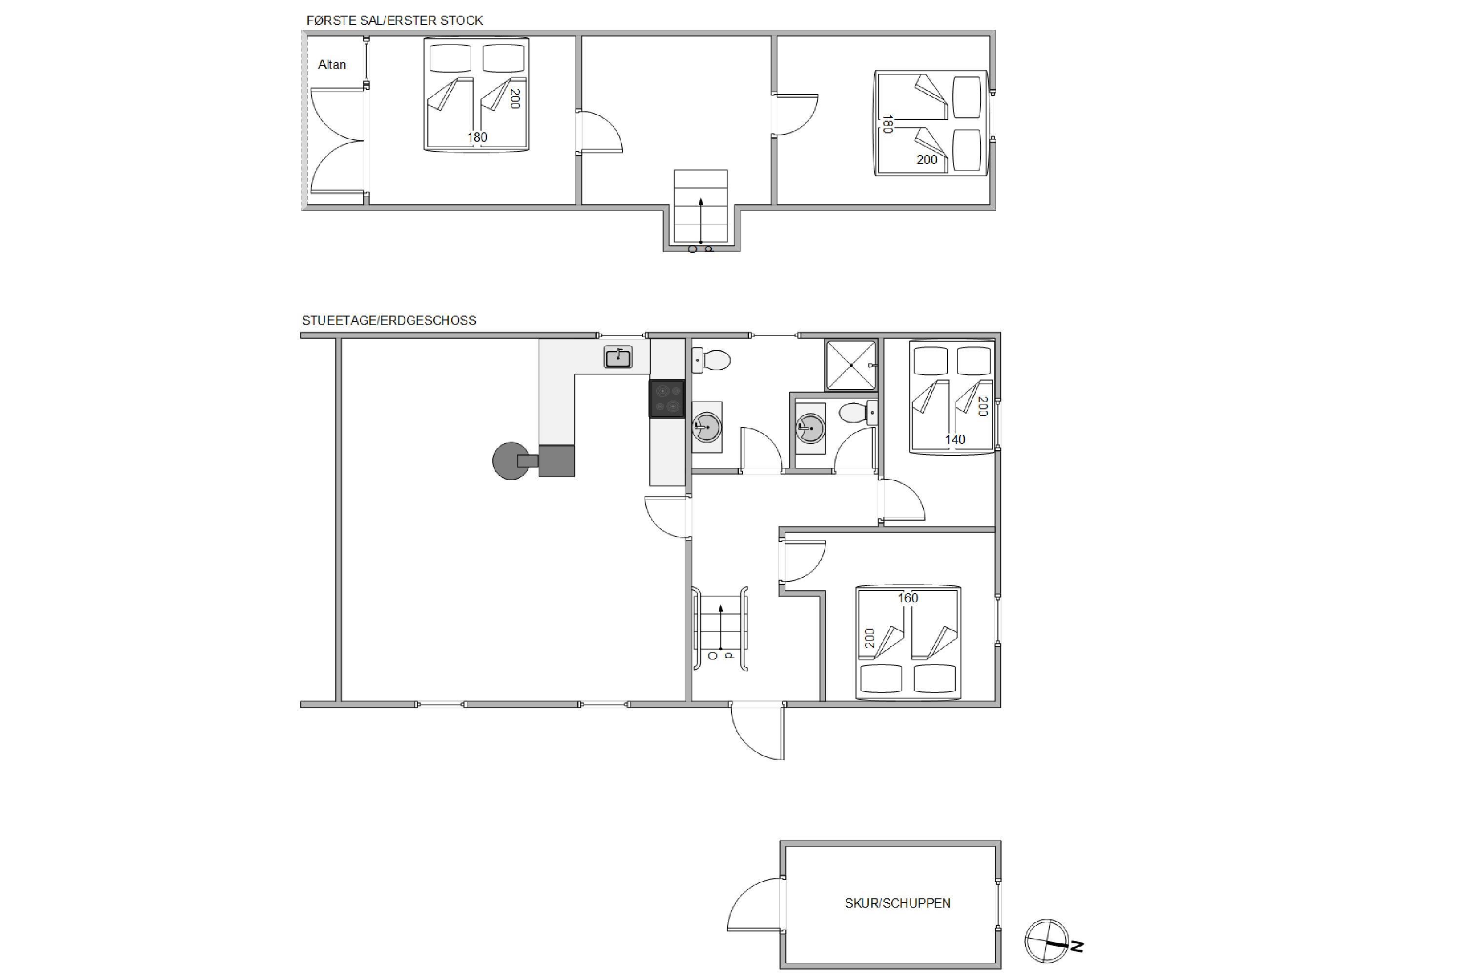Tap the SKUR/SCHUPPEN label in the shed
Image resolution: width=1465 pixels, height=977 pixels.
pos(898,903)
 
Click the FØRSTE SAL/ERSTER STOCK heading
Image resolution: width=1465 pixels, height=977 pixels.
pos(394,21)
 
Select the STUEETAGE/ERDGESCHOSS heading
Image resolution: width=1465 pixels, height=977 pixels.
pos(389,320)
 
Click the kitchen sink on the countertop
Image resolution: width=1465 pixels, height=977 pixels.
pos(618,357)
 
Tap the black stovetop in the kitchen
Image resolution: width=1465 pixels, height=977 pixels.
pos(667,399)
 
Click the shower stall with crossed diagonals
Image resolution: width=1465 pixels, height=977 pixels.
pos(851,365)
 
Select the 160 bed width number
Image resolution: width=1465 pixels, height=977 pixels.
pos(907,598)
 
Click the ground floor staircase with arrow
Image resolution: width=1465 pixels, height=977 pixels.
pos(721,629)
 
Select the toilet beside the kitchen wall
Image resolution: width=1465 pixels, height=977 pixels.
pos(711,360)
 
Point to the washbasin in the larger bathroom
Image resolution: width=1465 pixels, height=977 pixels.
pos(707,427)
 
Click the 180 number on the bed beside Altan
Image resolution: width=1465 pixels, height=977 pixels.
pos(478,137)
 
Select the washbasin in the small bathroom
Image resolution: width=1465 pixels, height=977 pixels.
pos(810,428)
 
